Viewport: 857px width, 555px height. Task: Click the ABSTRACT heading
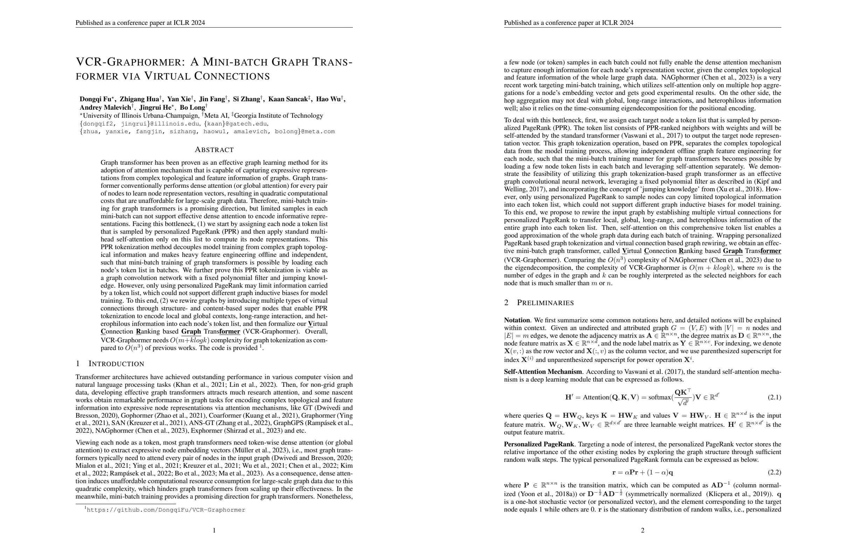(x=214, y=150)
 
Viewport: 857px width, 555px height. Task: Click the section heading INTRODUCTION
(x=116, y=364)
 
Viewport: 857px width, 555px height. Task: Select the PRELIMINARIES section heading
(x=545, y=303)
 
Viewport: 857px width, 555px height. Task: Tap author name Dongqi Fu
(x=96, y=99)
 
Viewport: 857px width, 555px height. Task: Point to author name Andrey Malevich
(x=105, y=108)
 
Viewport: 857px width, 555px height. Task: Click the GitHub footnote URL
(x=166, y=510)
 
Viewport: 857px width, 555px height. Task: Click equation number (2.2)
(x=774, y=472)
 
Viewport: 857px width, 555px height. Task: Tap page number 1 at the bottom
(x=214, y=530)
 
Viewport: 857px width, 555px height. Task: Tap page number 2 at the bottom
(x=642, y=530)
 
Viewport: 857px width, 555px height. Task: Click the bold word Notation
(x=517, y=320)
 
